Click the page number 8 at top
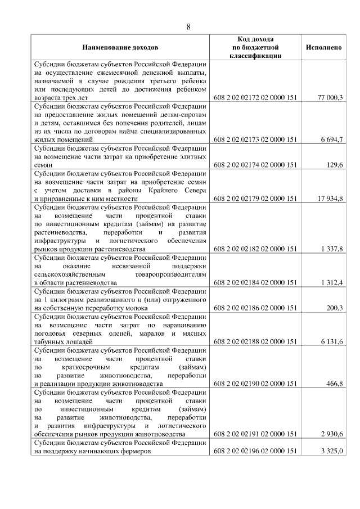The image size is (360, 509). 188,26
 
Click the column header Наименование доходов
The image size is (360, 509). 120,48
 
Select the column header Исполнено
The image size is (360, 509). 323,48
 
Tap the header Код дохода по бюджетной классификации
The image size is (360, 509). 255,48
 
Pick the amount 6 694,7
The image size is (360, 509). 331,138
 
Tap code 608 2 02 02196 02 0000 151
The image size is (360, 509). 255,451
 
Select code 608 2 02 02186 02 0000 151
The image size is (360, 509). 255,308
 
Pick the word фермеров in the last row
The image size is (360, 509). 136,451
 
